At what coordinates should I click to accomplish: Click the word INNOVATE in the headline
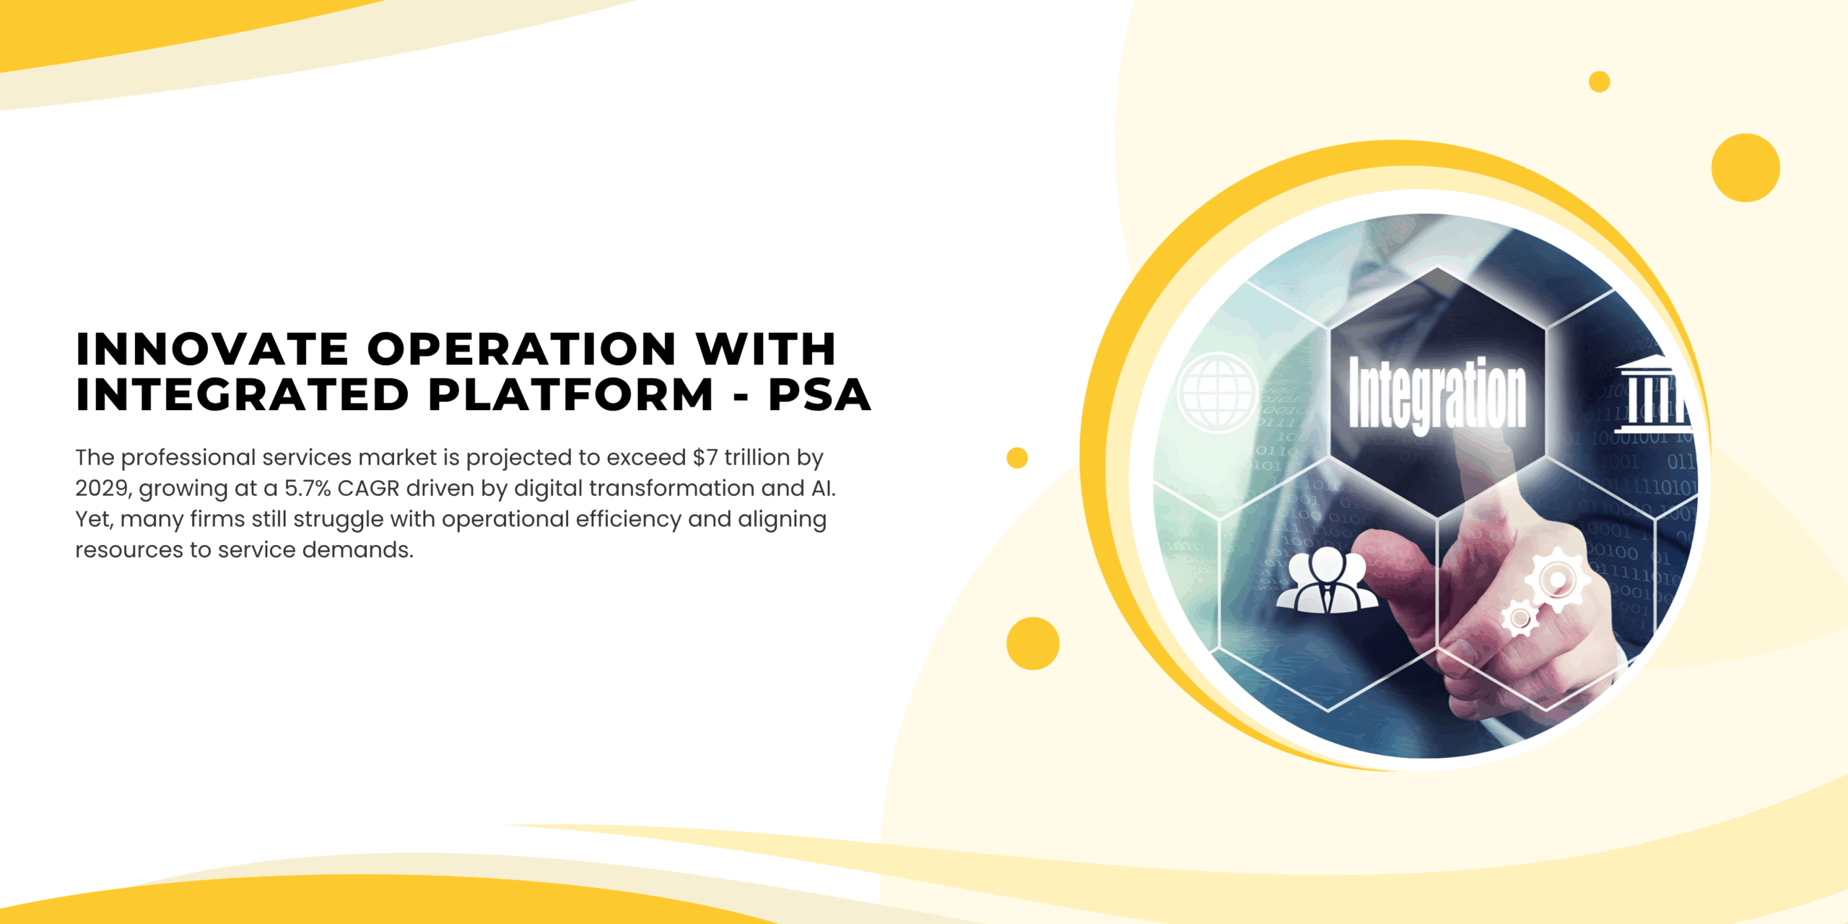[212, 349]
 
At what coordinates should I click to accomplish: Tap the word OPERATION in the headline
[521, 349]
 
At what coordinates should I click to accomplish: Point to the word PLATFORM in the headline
[571, 395]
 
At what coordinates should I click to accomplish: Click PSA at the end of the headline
[819, 395]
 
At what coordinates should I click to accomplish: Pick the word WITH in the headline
[766, 349]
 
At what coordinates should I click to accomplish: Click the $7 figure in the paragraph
[705, 457]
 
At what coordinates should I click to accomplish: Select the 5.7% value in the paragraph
[308, 489]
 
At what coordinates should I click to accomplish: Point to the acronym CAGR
[368, 489]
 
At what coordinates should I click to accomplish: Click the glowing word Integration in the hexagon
[1437, 395]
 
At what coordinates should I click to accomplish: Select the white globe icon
[1217, 392]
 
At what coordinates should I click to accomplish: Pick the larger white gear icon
[1557, 580]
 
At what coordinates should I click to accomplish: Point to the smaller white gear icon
[1520, 618]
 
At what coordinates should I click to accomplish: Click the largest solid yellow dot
[1745, 167]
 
